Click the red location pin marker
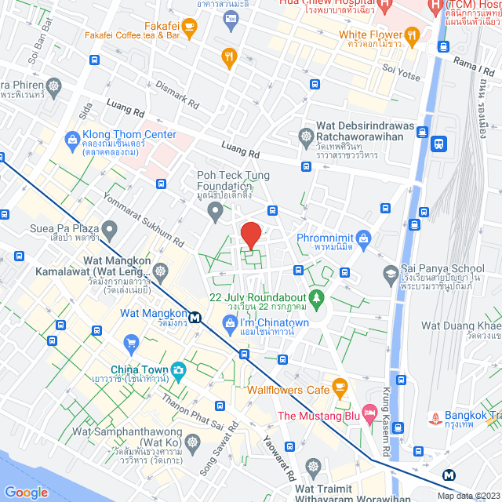click(250, 235)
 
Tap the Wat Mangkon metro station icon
click(194, 317)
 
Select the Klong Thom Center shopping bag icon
click(72, 140)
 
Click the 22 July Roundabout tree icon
click(316, 298)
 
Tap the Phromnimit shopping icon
click(362, 237)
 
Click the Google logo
click(27, 492)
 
